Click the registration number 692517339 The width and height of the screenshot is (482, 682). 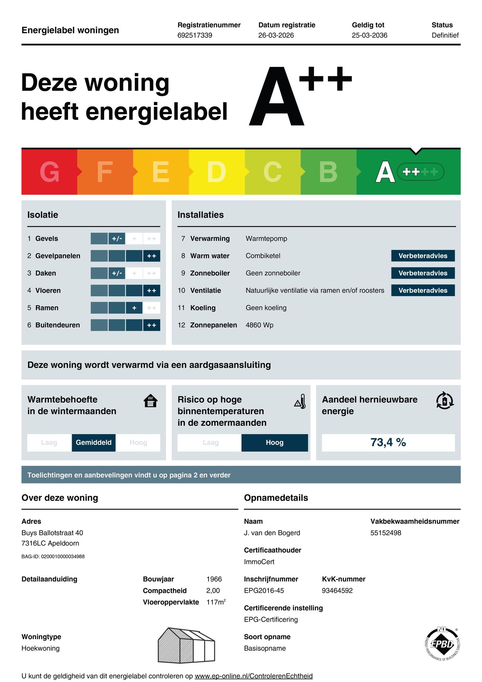(x=194, y=35)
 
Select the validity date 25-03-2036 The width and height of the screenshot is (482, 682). (x=369, y=35)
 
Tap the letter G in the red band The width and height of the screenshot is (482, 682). (x=50, y=172)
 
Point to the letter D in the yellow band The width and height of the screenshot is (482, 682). (x=216, y=172)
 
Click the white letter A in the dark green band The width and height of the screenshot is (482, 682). (x=385, y=172)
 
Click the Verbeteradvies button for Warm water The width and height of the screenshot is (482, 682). (x=423, y=256)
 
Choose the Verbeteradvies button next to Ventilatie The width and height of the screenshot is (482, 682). (x=423, y=290)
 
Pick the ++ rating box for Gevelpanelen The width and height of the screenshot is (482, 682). (x=152, y=256)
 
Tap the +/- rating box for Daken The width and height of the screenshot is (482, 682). (x=117, y=273)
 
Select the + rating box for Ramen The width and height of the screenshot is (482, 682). (x=134, y=308)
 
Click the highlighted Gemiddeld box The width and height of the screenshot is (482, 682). (x=94, y=443)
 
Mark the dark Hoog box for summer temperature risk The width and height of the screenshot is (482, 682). (x=274, y=443)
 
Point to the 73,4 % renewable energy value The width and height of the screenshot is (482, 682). (x=388, y=443)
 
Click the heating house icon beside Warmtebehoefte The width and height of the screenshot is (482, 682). (x=151, y=400)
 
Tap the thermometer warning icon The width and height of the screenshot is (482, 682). (x=300, y=401)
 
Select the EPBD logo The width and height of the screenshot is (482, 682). (x=442, y=644)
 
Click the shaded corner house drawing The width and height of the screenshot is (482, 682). (x=186, y=645)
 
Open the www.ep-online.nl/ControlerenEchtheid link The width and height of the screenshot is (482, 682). (x=254, y=676)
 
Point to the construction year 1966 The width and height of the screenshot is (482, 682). (x=214, y=579)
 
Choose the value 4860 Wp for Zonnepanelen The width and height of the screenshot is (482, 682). (x=259, y=325)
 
